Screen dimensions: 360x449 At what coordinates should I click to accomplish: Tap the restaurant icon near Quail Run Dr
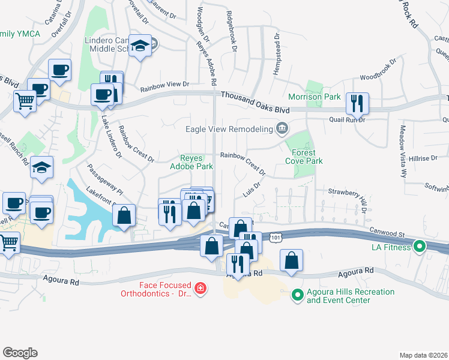point(357,103)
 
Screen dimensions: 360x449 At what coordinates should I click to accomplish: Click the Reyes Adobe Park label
point(191,162)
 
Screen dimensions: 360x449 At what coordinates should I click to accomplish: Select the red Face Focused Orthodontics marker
point(200,290)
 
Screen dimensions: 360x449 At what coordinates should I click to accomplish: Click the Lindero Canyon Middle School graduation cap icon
point(140,46)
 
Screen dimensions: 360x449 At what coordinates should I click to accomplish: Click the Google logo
point(20,353)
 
